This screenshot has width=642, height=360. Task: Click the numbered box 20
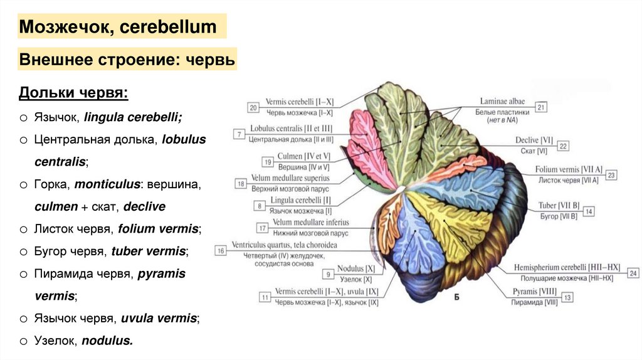tap(253, 107)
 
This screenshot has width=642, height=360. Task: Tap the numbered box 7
tap(239, 134)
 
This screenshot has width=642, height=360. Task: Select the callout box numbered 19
tap(268, 162)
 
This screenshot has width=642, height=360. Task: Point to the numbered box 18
tap(241, 183)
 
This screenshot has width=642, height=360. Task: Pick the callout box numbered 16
tap(220, 250)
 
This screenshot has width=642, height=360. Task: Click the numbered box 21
tap(541, 107)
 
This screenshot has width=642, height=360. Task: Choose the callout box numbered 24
tap(633, 273)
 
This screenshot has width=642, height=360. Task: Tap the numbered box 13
tap(567, 298)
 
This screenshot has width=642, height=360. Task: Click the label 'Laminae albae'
tap(503, 100)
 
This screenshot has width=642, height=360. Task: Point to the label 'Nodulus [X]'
tap(355, 268)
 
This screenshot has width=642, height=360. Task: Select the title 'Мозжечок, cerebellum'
tap(118, 27)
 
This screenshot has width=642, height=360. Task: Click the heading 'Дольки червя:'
tap(73, 93)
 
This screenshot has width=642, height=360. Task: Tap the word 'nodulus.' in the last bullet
tap(108, 341)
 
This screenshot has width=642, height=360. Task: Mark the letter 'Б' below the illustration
tap(456, 297)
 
